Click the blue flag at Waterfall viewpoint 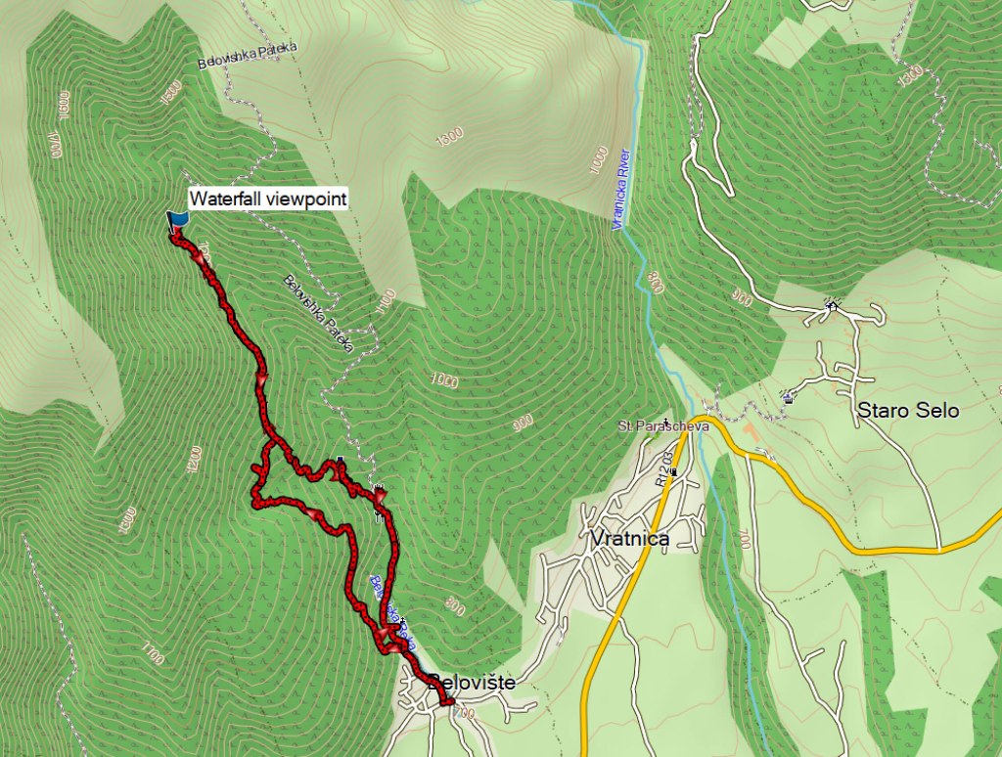(177, 221)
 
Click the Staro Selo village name (907, 411)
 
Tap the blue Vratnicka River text (619, 190)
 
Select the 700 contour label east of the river (746, 538)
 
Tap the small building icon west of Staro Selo (789, 397)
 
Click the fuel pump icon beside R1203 (673, 472)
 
